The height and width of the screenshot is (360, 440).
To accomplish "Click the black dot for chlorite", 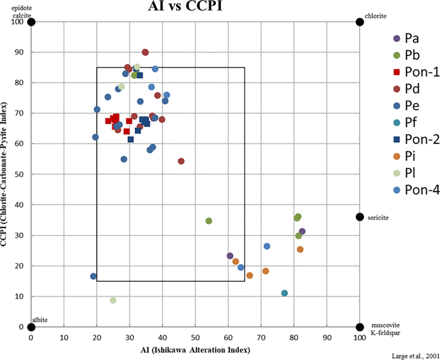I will click(360, 22).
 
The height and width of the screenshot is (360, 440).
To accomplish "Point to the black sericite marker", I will click(360, 217).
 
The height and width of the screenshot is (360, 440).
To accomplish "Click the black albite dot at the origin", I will click(31, 327).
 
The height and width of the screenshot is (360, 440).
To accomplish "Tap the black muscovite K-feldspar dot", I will click(360, 327).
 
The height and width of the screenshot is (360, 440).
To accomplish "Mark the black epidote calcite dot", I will click(31, 22).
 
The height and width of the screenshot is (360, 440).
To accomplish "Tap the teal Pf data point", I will click(285, 293).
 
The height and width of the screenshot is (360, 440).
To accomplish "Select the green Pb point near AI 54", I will click(209, 221).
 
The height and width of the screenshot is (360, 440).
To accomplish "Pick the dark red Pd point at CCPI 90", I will click(145, 52).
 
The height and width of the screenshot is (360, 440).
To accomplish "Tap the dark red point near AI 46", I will click(181, 161).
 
